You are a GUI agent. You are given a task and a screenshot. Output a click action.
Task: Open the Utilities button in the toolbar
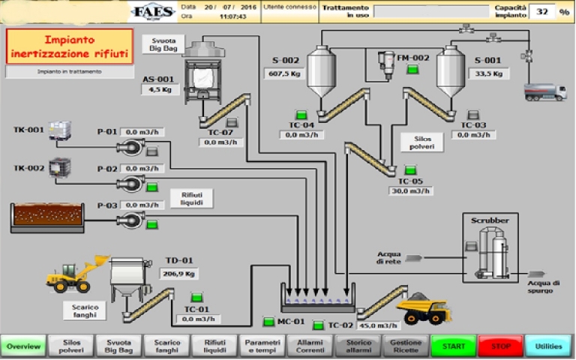click(549, 346)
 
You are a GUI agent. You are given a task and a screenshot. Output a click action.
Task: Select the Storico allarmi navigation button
click(358, 346)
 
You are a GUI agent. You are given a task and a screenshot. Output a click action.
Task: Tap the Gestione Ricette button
click(406, 346)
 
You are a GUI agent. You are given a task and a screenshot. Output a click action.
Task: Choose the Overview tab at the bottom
click(23, 346)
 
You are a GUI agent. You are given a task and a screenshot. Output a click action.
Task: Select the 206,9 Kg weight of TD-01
click(179, 274)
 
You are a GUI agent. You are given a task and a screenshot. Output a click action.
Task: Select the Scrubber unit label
click(490, 221)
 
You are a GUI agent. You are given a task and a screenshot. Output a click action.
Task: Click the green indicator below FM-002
click(412, 70)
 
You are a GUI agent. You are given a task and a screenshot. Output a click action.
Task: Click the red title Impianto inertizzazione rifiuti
click(69, 46)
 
